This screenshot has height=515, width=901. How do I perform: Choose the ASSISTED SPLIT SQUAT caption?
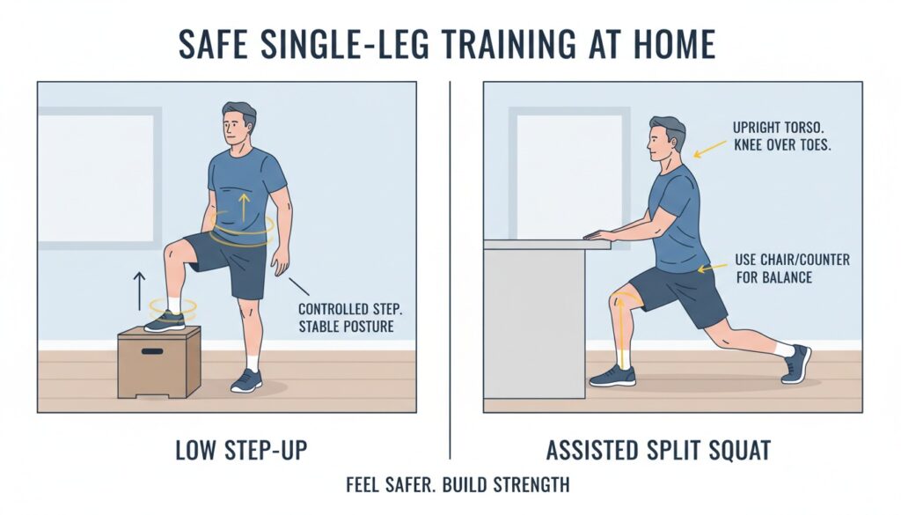(x=658, y=451)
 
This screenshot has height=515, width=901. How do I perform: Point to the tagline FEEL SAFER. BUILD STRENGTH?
(x=450, y=485)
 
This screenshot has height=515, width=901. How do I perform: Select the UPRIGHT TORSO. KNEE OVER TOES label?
(x=780, y=136)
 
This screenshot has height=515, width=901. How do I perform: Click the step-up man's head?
(x=237, y=128)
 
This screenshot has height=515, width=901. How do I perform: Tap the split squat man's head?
(x=665, y=141)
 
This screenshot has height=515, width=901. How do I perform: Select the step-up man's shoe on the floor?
(x=246, y=379)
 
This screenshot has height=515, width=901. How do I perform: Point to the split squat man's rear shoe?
(x=796, y=363)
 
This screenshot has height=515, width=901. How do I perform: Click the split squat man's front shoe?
(x=612, y=376)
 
